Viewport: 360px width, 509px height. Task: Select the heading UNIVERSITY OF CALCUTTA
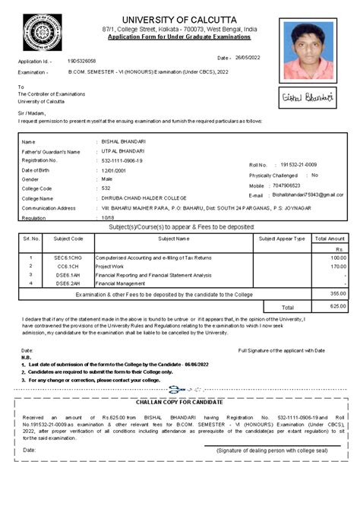181,18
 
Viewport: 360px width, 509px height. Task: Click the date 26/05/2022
248,58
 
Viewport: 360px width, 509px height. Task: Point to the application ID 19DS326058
82,60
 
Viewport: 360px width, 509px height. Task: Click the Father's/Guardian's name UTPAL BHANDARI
125,151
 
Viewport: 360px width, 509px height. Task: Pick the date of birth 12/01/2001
115,169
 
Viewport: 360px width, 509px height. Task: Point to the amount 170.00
338,267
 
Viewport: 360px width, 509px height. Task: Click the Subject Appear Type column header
281,239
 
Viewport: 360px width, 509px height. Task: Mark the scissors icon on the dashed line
177,390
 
